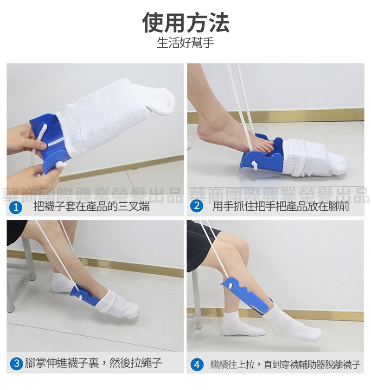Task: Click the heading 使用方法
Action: [185, 23]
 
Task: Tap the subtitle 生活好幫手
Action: [185, 43]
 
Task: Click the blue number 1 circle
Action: [16, 207]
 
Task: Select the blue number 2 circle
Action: [197, 207]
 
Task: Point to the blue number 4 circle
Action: [197, 365]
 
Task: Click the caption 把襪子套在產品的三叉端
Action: [92, 207]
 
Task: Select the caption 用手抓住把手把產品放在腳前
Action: [281, 207]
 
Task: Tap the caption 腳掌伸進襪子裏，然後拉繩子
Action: [94, 364]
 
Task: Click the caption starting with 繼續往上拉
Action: [285, 365]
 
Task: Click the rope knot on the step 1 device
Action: [61, 164]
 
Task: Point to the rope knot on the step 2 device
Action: [254, 164]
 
